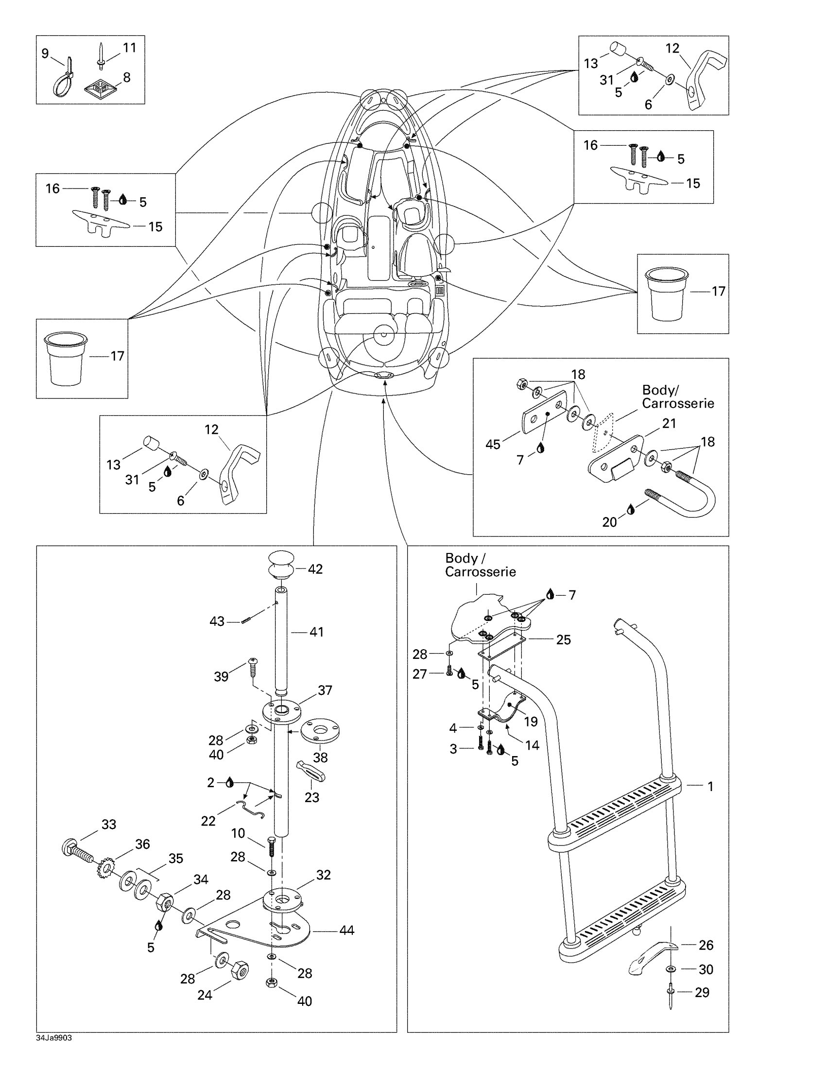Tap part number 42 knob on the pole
[x=281, y=565]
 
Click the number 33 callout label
[x=109, y=824]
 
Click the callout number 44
[x=346, y=930]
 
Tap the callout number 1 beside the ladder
[x=710, y=787]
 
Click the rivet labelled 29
[x=670, y=997]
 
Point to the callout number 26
[x=706, y=945]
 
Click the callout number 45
[x=493, y=445]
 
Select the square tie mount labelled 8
[x=101, y=89]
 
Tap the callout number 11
[x=130, y=48]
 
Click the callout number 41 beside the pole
[x=317, y=632]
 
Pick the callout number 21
[x=669, y=423]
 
